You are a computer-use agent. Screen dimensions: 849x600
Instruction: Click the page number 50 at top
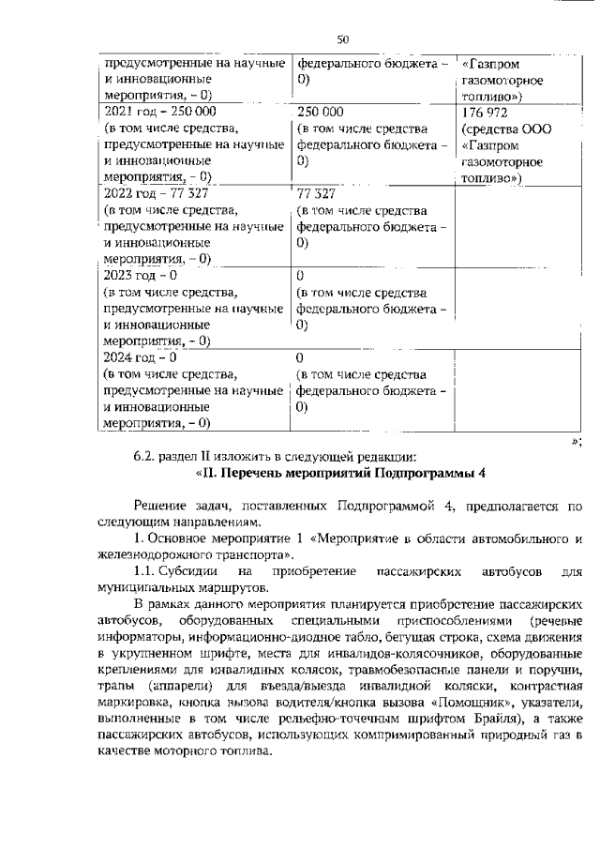343,39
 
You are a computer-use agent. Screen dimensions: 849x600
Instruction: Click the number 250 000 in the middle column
320,111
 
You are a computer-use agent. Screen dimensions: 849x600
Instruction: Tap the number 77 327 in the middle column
316,193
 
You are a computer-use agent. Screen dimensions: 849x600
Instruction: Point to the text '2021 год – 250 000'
158,111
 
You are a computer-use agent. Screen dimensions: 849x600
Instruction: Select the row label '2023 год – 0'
140,276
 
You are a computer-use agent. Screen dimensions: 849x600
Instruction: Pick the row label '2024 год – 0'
140,357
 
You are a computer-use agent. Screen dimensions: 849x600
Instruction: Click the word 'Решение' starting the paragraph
161,506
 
